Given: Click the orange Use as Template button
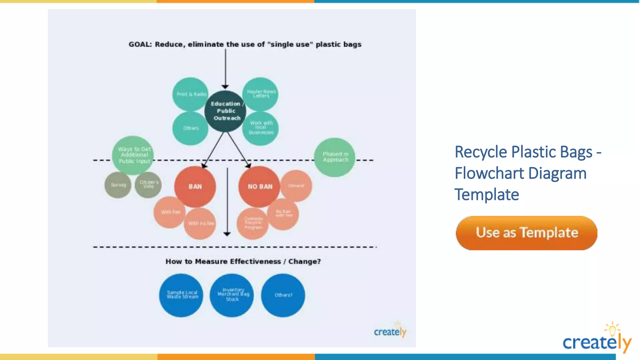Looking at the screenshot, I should [x=526, y=233].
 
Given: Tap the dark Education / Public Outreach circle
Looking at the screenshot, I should [x=225, y=111].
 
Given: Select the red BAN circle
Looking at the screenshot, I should [x=195, y=187].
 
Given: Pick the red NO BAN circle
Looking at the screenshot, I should [x=259, y=187].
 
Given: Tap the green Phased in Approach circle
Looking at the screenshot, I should [x=335, y=157].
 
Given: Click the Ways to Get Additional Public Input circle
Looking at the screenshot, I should [x=133, y=155].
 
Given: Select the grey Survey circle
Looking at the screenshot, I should [x=118, y=185].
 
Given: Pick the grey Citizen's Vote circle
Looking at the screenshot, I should [x=148, y=185].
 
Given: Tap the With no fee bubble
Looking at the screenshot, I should [x=200, y=224].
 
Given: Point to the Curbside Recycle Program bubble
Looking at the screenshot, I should [x=252, y=223].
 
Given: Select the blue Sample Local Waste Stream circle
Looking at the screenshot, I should [x=181, y=295].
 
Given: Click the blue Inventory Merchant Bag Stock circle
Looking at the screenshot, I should [x=232, y=295].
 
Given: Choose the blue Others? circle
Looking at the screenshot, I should [x=283, y=295].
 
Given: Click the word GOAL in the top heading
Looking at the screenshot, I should [x=140, y=44].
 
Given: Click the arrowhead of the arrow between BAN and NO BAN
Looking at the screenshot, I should [x=227, y=234].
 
